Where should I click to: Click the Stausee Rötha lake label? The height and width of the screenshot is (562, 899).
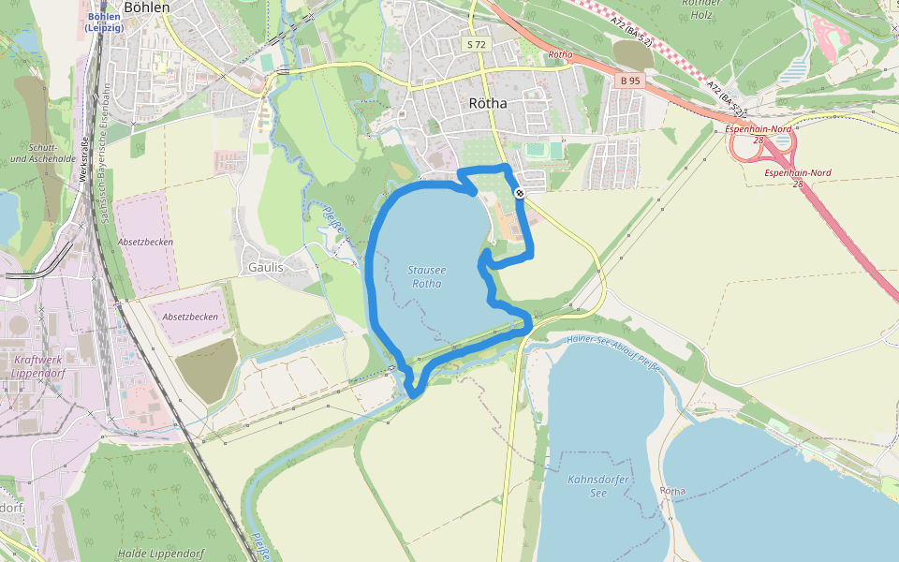click(x=427, y=276)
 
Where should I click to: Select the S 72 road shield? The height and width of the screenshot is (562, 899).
click(x=476, y=44)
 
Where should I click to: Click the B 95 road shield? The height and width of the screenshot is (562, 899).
click(x=629, y=81)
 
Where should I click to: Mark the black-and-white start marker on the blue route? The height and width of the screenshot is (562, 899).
click(x=519, y=193)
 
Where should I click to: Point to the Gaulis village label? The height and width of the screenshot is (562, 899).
click(x=266, y=267)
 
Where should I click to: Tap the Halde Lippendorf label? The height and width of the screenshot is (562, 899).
click(x=161, y=554)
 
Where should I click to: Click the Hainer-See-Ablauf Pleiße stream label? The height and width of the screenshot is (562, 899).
click(x=613, y=353)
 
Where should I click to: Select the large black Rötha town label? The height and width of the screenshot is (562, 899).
click(x=487, y=103)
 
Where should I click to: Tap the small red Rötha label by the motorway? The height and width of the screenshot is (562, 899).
click(x=560, y=55)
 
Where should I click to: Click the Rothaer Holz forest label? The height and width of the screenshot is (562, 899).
click(x=700, y=9)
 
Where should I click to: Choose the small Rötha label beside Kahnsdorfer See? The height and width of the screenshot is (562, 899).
click(x=672, y=491)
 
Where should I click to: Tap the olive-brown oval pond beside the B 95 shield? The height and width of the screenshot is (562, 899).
click(x=633, y=53)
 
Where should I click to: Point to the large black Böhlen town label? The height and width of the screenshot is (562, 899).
click(x=147, y=7)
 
